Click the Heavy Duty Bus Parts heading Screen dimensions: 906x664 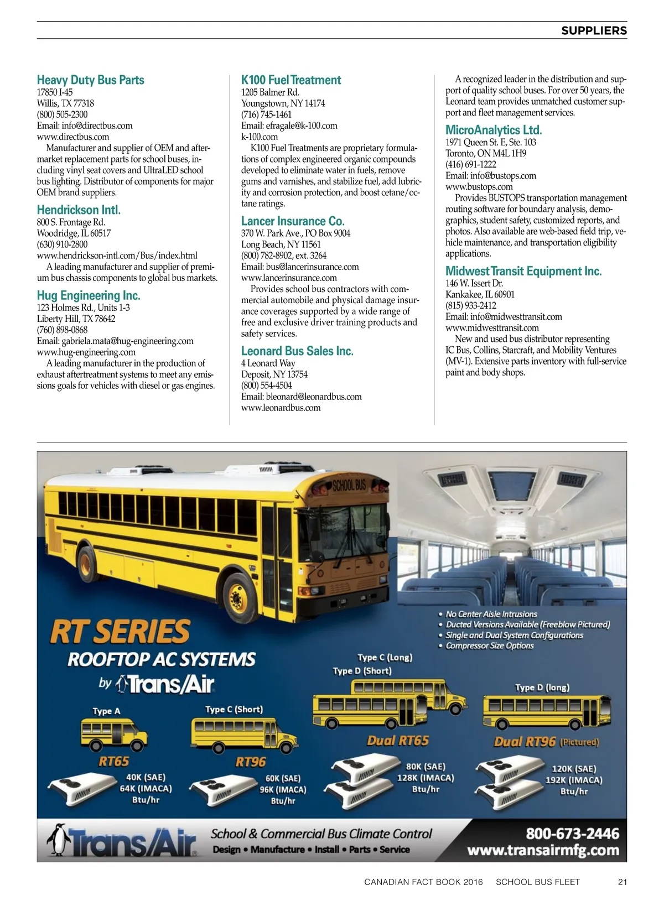90,80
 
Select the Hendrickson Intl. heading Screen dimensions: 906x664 79,210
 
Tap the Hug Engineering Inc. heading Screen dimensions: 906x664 89,295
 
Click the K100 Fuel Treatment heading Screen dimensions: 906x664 291,80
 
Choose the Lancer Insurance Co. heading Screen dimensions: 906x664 293,221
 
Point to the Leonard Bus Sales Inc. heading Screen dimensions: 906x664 297,351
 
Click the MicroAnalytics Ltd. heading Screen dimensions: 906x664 494,130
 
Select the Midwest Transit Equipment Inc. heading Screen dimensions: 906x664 523,271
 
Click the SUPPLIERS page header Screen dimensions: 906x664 594,31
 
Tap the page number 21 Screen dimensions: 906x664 622,882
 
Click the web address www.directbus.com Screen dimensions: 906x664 73,137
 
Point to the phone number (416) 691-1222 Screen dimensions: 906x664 471,164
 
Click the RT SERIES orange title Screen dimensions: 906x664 120,632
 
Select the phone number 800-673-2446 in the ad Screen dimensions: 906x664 572,834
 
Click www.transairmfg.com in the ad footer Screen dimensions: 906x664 543,850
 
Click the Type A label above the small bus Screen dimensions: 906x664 106,711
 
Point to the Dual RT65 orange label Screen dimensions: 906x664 398,741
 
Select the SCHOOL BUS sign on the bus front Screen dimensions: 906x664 349,485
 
